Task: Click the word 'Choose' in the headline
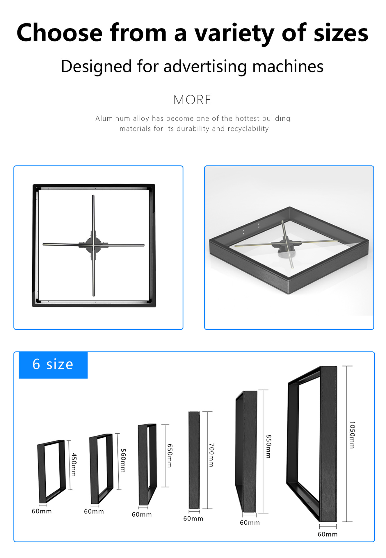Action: [59, 33]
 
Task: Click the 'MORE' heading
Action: [192, 100]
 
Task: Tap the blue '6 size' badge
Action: [53, 365]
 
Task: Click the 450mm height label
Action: [74, 464]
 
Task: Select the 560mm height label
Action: [123, 460]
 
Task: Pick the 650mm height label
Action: [170, 455]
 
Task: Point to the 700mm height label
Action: [212, 455]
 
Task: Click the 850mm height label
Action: [269, 446]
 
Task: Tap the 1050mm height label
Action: [352, 435]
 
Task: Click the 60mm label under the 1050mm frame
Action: [328, 534]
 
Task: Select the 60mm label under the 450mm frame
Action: [42, 511]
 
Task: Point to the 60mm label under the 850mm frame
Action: [250, 523]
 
